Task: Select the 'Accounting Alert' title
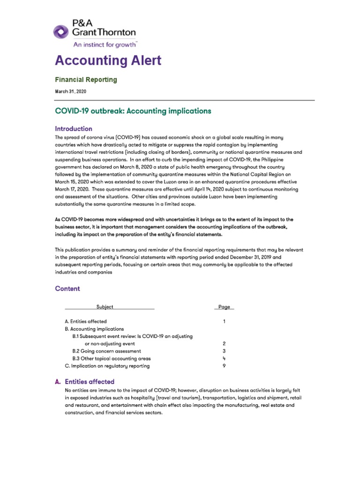point(108,60)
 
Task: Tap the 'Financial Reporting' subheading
point(86,80)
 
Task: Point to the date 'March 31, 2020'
point(70,91)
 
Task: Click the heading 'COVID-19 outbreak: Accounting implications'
point(133,111)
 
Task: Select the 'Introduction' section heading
point(74,128)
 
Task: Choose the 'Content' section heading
point(67,289)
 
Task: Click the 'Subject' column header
point(105,307)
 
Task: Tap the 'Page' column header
point(224,307)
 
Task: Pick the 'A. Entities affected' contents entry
point(86,322)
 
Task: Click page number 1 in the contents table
point(225,322)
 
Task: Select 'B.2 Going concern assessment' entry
point(106,351)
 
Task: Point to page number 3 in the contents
point(225,351)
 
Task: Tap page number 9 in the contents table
point(225,366)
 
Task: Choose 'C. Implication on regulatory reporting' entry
point(107,366)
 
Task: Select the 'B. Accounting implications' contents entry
point(94,329)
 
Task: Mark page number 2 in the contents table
point(225,344)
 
